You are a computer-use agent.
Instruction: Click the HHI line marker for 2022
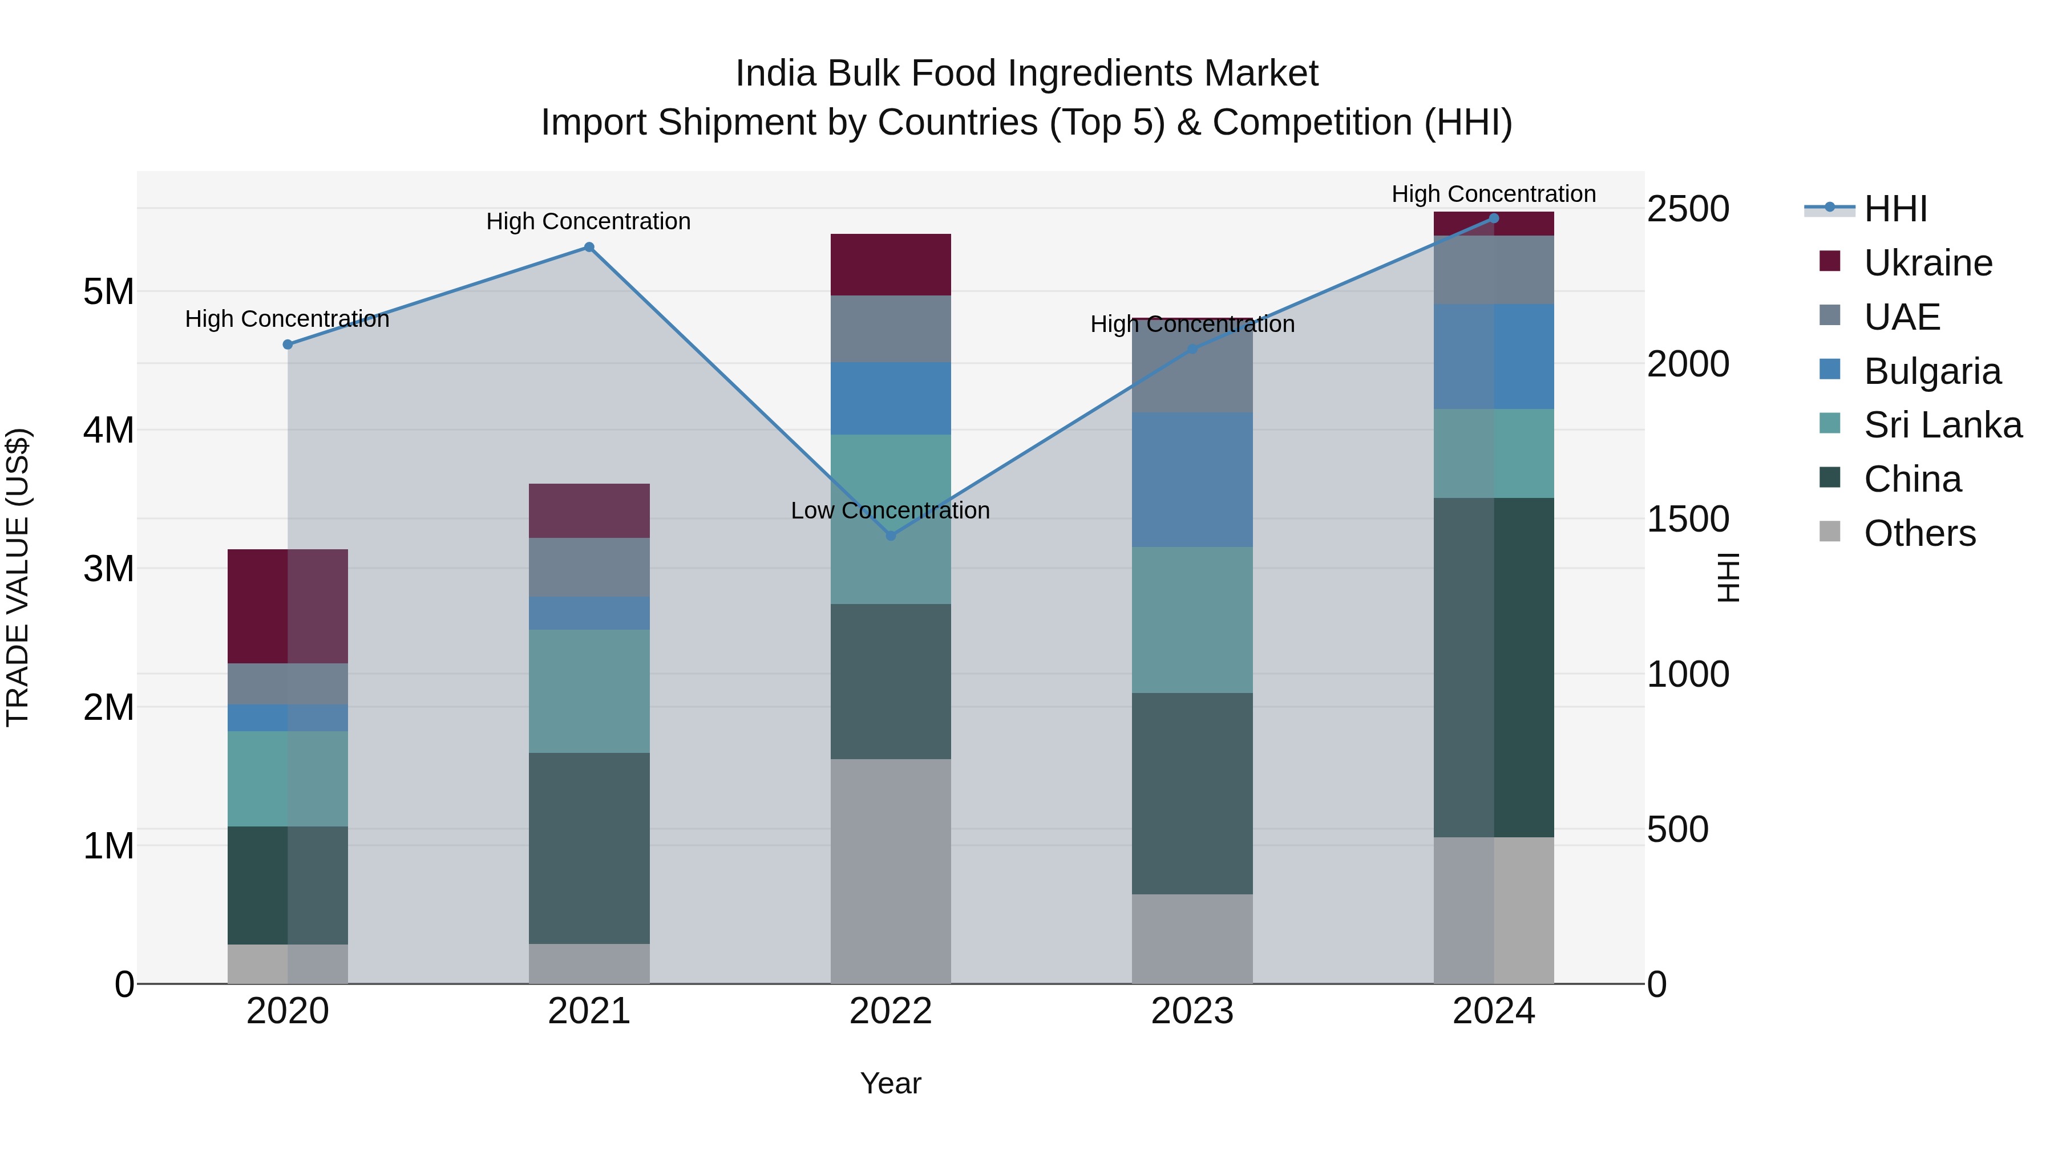click(891, 536)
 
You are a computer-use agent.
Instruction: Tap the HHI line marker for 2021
click(589, 247)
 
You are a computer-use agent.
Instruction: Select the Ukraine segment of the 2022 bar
click(891, 265)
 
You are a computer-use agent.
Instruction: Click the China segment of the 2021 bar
click(589, 848)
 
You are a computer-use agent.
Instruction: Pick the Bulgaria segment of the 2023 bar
click(1192, 479)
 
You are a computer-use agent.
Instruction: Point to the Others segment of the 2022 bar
click(891, 870)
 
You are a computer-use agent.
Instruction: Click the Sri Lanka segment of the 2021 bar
click(589, 691)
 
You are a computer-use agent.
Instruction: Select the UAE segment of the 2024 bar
click(1494, 269)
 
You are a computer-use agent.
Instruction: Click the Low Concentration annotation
click(890, 510)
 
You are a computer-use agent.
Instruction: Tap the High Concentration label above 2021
click(588, 222)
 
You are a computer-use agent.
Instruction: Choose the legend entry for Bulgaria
click(1932, 371)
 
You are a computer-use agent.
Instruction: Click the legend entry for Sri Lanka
click(1942, 425)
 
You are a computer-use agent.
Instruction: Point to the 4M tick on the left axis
click(109, 431)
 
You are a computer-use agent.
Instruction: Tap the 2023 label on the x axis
click(1192, 1011)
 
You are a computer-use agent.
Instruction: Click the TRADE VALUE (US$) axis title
click(18, 577)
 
